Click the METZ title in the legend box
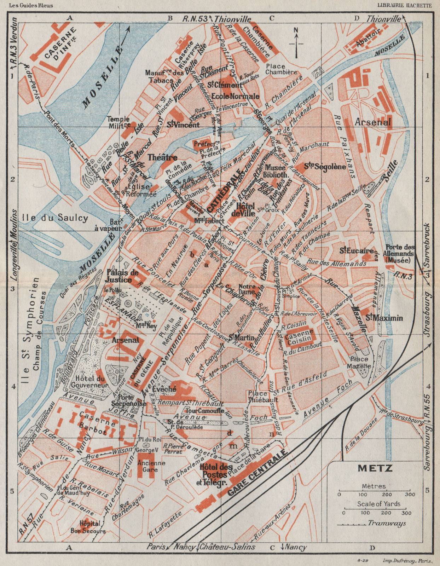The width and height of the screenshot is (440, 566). [x=375, y=468]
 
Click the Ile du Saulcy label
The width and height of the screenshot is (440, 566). [x=54, y=218]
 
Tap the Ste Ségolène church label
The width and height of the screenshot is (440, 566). [x=325, y=167]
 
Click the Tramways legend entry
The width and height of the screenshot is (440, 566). [x=386, y=523]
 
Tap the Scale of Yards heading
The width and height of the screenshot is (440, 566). [x=378, y=504]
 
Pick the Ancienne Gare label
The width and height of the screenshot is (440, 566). [x=151, y=466]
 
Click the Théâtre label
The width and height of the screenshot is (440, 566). [x=162, y=158]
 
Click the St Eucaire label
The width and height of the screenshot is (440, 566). [x=357, y=251]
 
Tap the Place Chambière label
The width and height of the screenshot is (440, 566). [x=281, y=69]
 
